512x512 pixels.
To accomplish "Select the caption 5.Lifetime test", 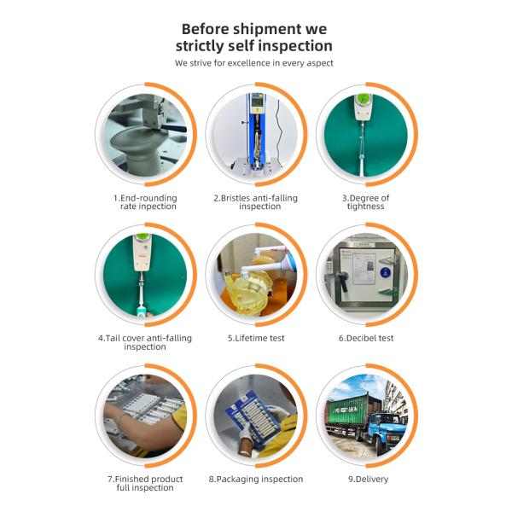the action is tap(256, 338).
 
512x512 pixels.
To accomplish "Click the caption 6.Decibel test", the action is tap(366, 338).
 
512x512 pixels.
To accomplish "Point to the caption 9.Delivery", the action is tap(368, 479).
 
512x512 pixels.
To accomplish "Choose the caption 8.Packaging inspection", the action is tap(256, 479).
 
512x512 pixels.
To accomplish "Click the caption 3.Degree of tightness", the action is tap(366, 202).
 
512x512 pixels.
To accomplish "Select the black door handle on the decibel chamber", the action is tap(342, 281).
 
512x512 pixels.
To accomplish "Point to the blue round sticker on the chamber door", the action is tap(386, 272).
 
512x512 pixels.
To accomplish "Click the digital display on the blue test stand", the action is tap(257, 102).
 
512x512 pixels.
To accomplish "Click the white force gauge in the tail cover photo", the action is tap(142, 253).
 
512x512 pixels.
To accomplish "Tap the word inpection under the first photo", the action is tap(158, 207).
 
